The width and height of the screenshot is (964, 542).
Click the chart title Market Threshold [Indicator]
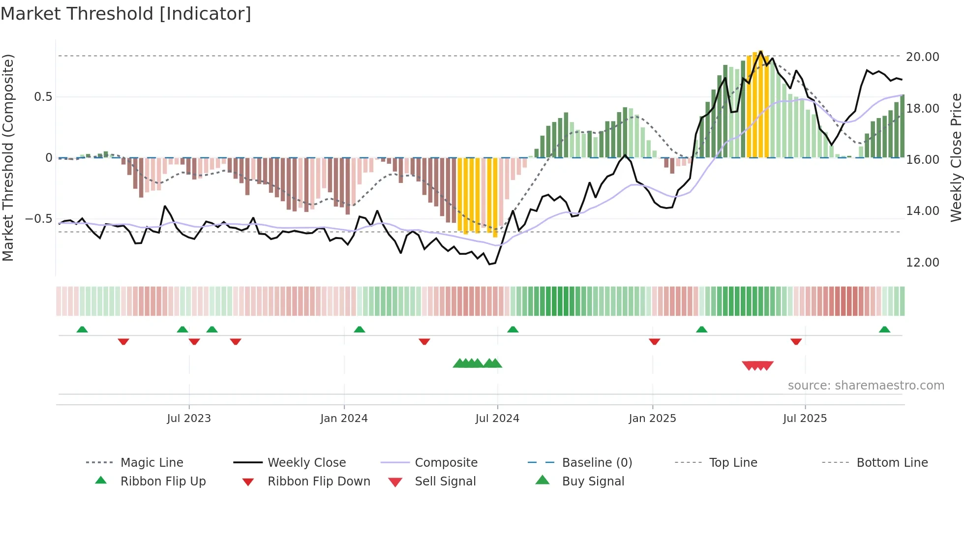click(126, 14)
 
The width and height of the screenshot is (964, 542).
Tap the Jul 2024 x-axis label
click(497, 418)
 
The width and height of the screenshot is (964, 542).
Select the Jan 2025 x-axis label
click(652, 418)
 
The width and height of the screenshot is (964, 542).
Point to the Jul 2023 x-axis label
click(189, 418)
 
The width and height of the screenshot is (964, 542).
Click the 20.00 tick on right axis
click(922, 57)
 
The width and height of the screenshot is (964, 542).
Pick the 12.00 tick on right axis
click(922, 262)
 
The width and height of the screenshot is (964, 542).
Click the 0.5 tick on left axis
click(43, 96)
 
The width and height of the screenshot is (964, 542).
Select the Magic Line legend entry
click(151, 462)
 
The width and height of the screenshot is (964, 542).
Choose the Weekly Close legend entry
click(306, 462)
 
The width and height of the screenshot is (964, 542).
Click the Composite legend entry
click(446, 462)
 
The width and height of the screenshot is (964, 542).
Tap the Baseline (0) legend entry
click(597, 462)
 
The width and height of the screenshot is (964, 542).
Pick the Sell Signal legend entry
click(445, 481)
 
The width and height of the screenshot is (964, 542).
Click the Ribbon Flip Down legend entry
click(318, 481)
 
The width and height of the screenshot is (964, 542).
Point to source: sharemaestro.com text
click(866, 385)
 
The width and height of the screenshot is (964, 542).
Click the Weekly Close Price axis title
click(956, 157)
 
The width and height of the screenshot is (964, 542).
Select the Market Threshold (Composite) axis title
click(8, 157)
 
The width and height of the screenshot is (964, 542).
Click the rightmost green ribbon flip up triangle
click(884, 330)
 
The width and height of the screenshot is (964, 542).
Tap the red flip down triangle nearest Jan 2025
click(654, 341)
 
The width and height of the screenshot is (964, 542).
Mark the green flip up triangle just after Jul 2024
click(512, 330)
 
